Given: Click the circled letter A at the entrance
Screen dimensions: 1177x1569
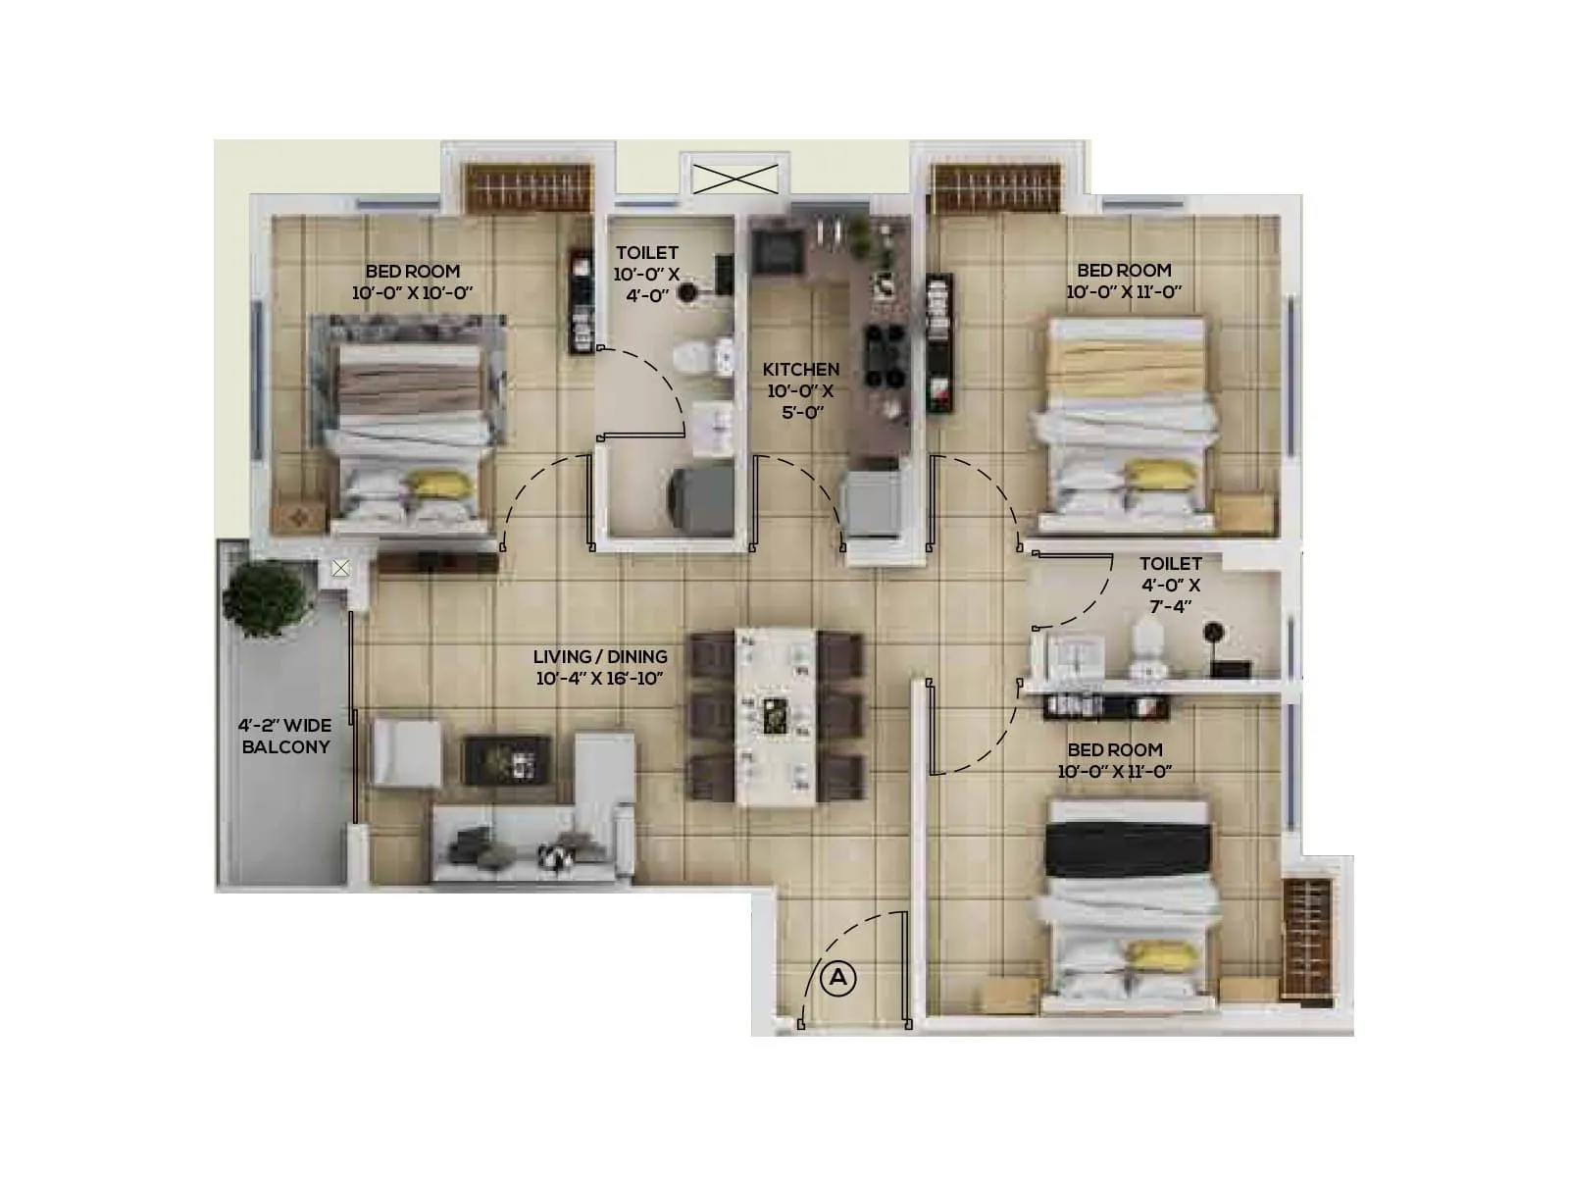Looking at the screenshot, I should [837, 978].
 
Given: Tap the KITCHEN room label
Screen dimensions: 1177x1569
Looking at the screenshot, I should [801, 370].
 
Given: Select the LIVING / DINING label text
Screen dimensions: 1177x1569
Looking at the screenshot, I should [600, 657].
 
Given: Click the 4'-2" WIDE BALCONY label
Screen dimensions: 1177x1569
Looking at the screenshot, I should [285, 736].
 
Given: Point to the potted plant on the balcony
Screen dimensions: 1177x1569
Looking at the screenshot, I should [263, 597].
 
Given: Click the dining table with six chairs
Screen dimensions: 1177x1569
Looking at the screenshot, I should [776, 717].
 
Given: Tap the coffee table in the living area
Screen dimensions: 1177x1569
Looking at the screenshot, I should [506, 760].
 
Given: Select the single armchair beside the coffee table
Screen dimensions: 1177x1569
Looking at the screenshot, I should [406, 752].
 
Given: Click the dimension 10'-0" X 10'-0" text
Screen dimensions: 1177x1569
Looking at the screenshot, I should [412, 292].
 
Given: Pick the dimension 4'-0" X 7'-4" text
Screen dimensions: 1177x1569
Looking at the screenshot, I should [1170, 595].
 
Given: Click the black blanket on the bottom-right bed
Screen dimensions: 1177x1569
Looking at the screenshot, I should [1127, 849].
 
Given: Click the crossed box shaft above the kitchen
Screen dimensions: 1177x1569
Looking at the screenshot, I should [734, 179].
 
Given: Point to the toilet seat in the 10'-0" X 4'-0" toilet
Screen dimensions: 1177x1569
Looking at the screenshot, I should [698, 355].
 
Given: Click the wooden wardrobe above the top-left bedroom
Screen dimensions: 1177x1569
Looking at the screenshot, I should [529, 187].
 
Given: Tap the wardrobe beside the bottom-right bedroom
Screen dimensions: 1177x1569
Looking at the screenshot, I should [1308, 940].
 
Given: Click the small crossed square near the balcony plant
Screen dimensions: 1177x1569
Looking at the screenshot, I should [340, 568].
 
